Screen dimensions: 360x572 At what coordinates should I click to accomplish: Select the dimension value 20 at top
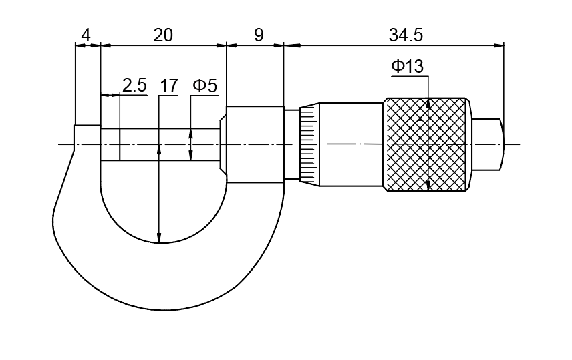coord(162,35)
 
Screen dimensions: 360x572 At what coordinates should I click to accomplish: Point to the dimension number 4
coord(86,35)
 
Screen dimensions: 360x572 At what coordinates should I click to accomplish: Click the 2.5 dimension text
coord(134,85)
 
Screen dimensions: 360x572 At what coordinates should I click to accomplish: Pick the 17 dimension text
coord(168,85)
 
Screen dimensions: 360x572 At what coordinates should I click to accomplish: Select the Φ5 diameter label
coord(205,85)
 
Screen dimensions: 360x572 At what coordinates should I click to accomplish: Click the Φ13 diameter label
coord(408,67)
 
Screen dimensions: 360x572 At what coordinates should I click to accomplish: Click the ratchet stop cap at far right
coord(489,144)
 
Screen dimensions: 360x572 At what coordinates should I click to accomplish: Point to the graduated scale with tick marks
coord(307,144)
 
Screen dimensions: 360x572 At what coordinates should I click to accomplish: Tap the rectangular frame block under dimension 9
coord(254,144)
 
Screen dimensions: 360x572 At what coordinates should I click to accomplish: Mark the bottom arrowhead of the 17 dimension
coord(159,238)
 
